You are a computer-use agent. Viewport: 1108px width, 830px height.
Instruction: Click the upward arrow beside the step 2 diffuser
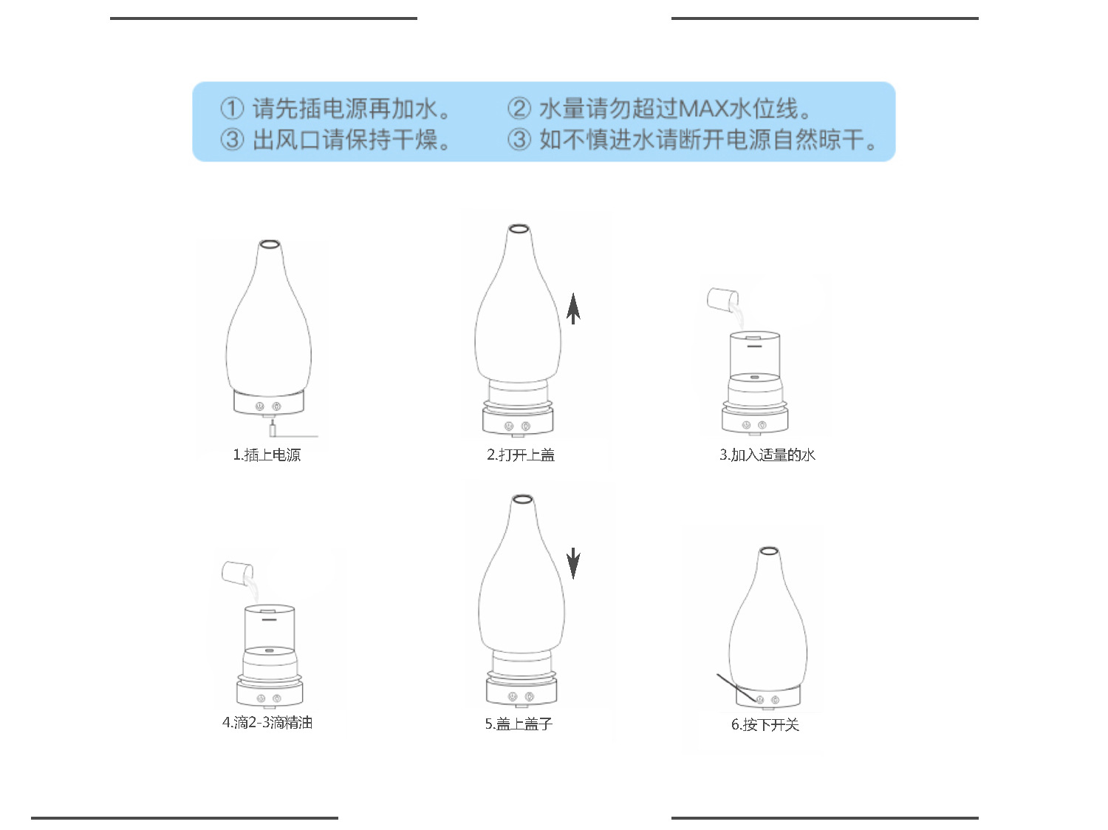pyautogui.click(x=573, y=308)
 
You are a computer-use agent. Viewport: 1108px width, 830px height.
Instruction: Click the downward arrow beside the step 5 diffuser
pyautogui.click(x=573, y=564)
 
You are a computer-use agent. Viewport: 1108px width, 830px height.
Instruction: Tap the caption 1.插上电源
pyautogui.click(x=267, y=455)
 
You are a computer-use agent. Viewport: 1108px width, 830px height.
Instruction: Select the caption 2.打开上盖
pyautogui.click(x=520, y=455)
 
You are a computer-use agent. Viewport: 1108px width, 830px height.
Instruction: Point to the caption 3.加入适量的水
pyautogui.click(x=767, y=455)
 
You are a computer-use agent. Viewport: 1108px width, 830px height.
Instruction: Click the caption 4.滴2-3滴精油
pyautogui.click(x=267, y=722)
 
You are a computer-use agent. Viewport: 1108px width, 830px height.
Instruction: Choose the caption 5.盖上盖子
pyautogui.click(x=519, y=724)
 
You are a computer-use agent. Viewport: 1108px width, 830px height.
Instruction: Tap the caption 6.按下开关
pyautogui.click(x=765, y=724)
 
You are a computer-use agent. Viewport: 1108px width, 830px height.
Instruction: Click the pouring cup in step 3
pyautogui.click(x=721, y=299)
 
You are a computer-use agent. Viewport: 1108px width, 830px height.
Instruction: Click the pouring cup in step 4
pyautogui.click(x=237, y=571)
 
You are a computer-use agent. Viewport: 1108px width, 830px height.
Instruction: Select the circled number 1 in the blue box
pyautogui.click(x=232, y=109)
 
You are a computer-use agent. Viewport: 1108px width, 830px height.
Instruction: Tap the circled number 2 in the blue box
pyautogui.click(x=519, y=109)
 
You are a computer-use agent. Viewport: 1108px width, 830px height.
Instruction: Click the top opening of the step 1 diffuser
pyautogui.click(x=268, y=243)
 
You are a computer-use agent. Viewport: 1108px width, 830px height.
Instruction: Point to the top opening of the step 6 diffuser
pyautogui.click(x=768, y=551)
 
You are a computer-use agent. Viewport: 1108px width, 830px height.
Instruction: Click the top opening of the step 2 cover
pyautogui.click(x=519, y=228)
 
